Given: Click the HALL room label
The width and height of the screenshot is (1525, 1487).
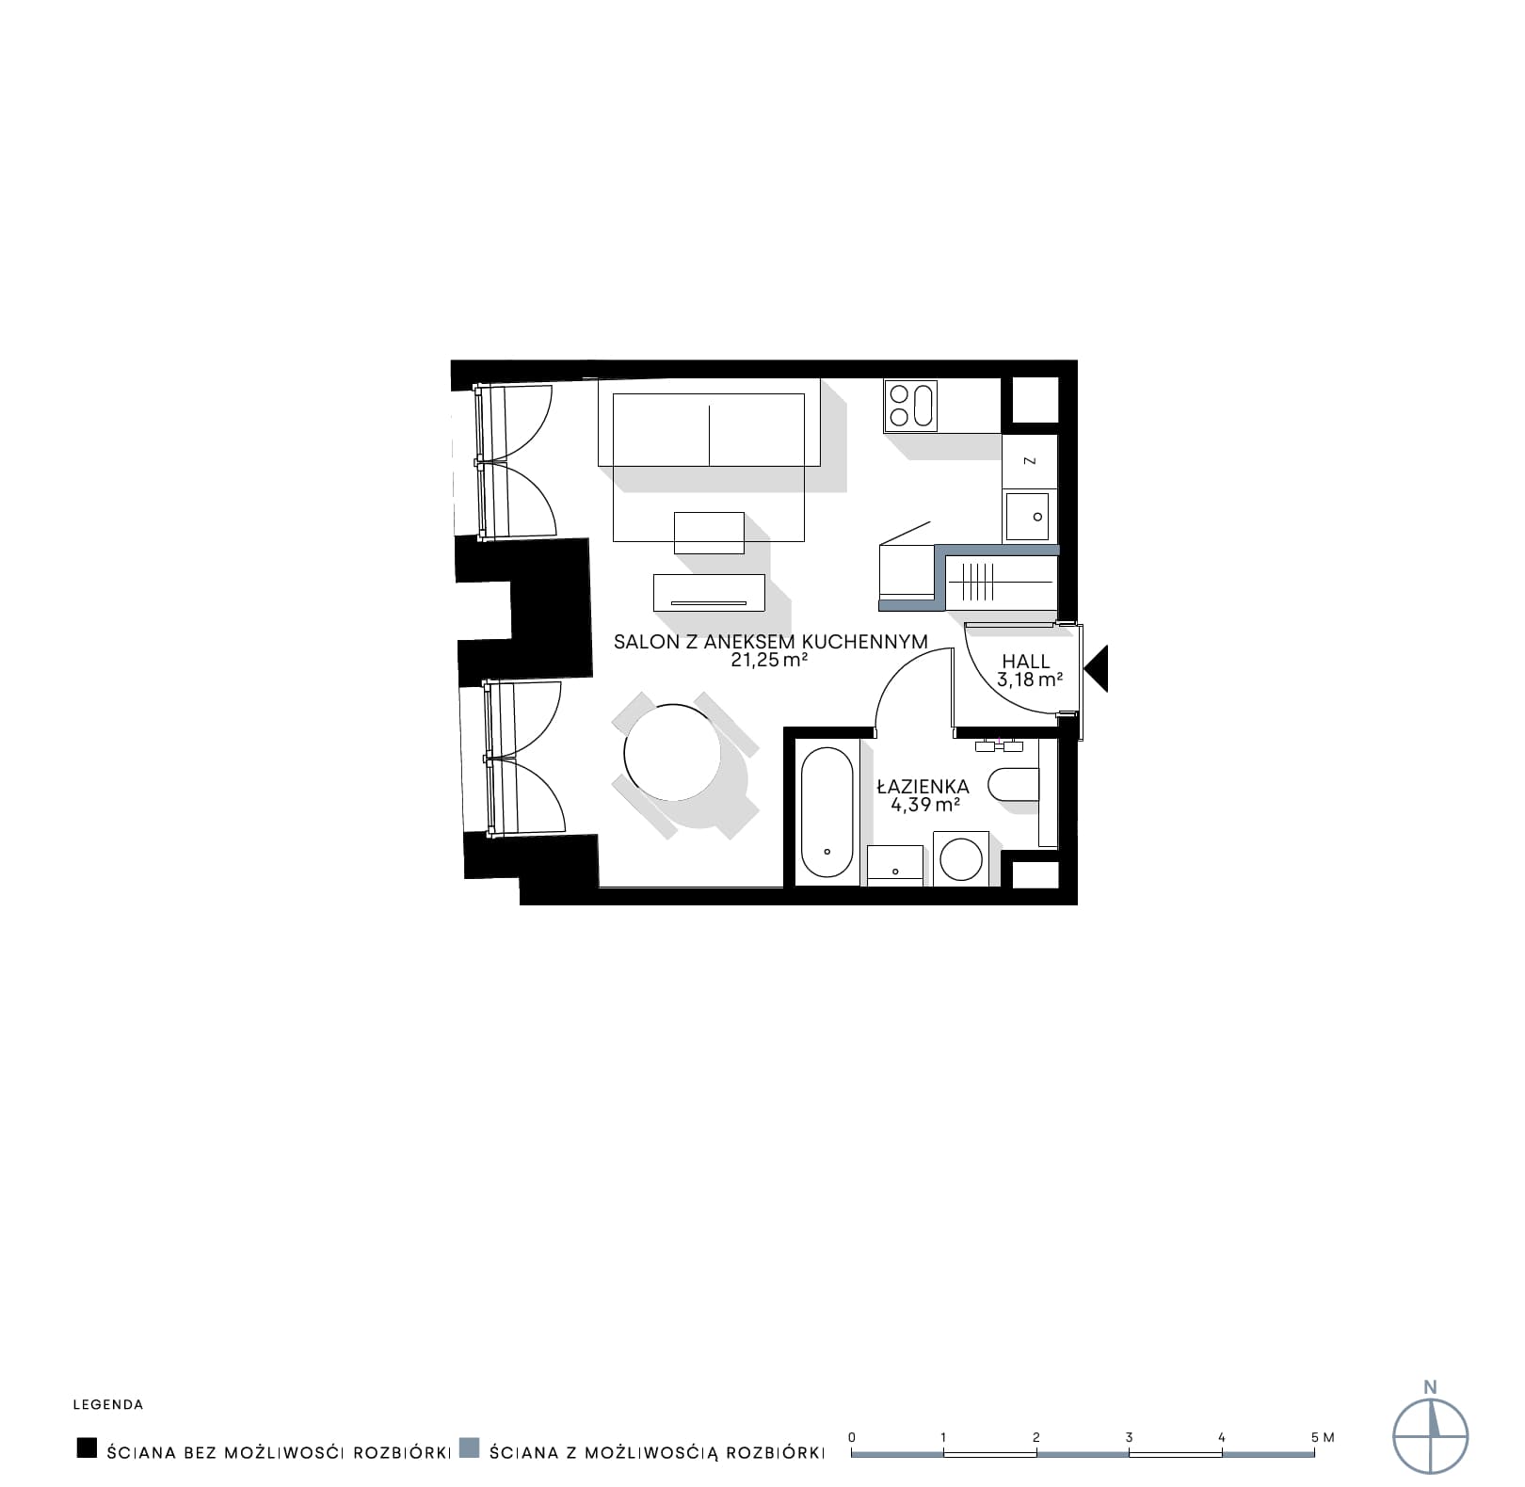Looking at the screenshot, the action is pyautogui.click(x=1025, y=662).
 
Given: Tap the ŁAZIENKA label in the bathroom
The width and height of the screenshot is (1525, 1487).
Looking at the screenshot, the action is pyautogui.click(x=923, y=787).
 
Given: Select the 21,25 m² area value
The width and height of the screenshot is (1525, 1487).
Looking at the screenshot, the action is pyautogui.click(x=771, y=660).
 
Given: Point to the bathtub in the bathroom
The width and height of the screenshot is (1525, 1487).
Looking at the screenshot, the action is pyautogui.click(x=827, y=812).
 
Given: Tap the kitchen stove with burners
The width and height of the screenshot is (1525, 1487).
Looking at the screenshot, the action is pyautogui.click(x=911, y=406).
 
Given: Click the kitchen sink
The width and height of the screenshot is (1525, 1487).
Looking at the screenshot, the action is pyautogui.click(x=1027, y=517).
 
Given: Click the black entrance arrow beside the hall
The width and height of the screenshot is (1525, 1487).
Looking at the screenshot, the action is pyautogui.click(x=1097, y=668).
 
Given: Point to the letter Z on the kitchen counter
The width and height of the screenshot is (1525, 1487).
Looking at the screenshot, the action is pyautogui.click(x=1030, y=461).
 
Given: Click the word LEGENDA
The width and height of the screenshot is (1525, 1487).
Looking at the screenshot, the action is pyautogui.click(x=108, y=1405).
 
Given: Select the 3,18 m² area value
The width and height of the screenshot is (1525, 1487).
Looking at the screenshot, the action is pyautogui.click(x=1030, y=679).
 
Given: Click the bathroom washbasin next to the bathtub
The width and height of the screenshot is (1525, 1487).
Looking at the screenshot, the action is pyautogui.click(x=894, y=865).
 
